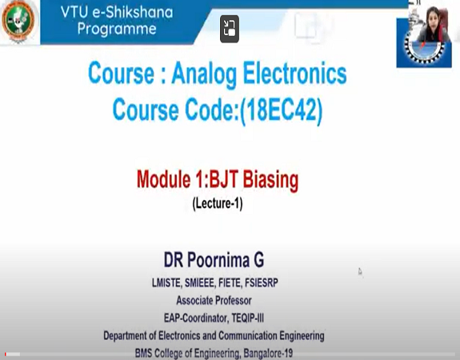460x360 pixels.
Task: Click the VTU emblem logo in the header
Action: (x=19, y=22)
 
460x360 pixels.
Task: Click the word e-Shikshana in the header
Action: (x=128, y=13)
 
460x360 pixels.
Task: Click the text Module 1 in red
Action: (x=172, y=180)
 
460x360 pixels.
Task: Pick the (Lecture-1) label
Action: (x=217, y=204)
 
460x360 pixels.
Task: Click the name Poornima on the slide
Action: (x=239, y=261)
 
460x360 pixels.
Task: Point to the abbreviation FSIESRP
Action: (x=270, y=283)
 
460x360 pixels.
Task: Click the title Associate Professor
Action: (x=213, y=301)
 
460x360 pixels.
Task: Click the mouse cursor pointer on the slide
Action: (x=360, y=272)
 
